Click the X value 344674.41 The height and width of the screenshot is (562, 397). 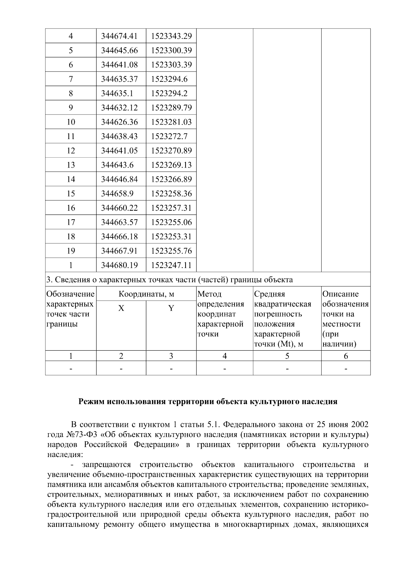point(119,36)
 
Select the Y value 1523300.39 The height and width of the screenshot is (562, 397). point(171,51)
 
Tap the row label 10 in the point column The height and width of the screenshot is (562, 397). point(71,122)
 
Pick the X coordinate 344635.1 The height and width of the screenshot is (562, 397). point(117,93)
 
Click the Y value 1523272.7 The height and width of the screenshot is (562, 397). point(169,136)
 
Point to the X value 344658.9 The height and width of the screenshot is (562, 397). point(117,194)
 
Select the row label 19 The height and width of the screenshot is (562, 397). point(71,251)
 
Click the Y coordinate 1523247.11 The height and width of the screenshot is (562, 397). point(171,265)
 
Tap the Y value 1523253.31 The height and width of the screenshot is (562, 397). point(171,236)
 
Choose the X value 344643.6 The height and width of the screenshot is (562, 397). point(117,165)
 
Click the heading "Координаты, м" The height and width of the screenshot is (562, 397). point(146,294)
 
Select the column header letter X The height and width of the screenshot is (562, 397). point(121,308)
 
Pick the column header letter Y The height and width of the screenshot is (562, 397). point(171,308)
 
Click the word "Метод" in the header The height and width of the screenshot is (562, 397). point(209,294)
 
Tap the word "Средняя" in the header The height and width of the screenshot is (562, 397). point(269,294)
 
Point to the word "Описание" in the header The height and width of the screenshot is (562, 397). point(340,294)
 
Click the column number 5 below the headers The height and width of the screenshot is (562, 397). point(287,356)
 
